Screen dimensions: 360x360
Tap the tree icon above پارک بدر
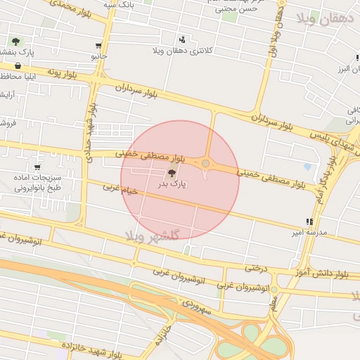point(172,172)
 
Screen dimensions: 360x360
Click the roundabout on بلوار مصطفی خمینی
point(205,164)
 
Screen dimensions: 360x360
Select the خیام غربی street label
point(119,188)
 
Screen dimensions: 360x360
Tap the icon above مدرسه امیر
point(309,221)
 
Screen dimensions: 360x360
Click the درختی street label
point(257,268)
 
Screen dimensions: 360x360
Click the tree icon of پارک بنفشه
point(15,42)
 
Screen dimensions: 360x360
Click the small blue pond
point(307,167)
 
